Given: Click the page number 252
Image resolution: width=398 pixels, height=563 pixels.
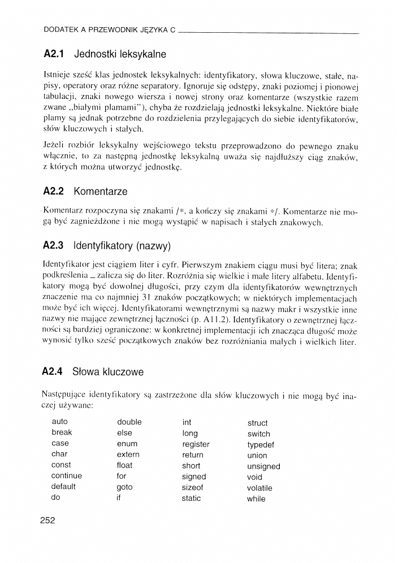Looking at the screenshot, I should coord(47,521).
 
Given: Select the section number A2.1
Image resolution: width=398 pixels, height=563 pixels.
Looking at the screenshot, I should coord(55,55).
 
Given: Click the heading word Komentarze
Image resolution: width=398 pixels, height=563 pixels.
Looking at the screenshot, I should coord(101,191).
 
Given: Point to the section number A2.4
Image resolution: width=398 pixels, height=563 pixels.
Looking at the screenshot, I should coord(54,372).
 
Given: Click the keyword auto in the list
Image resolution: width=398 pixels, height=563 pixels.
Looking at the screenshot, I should coord(59,422).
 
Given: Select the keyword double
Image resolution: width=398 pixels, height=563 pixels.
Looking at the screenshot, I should coord(129,422).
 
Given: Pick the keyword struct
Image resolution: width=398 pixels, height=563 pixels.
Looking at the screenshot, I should coord(257,423).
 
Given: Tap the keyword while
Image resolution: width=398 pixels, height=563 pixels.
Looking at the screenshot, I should coord(256,499).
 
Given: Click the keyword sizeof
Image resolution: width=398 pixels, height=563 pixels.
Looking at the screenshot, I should coord(192,487).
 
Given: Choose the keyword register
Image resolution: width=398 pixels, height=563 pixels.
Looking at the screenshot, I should coord(196,444).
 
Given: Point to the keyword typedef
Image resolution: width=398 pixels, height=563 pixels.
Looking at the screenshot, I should coord(260,445).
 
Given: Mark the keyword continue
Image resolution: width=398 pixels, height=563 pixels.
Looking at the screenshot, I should coord(66,476).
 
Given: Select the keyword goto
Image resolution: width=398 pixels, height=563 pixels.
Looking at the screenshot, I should coord(124,487).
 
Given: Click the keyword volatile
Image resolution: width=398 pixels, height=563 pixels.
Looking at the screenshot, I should coord(259,488).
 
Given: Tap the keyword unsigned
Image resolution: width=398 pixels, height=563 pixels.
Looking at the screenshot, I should coord(263,466).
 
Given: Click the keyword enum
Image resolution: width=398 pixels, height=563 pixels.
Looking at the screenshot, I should coord(127,444).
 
